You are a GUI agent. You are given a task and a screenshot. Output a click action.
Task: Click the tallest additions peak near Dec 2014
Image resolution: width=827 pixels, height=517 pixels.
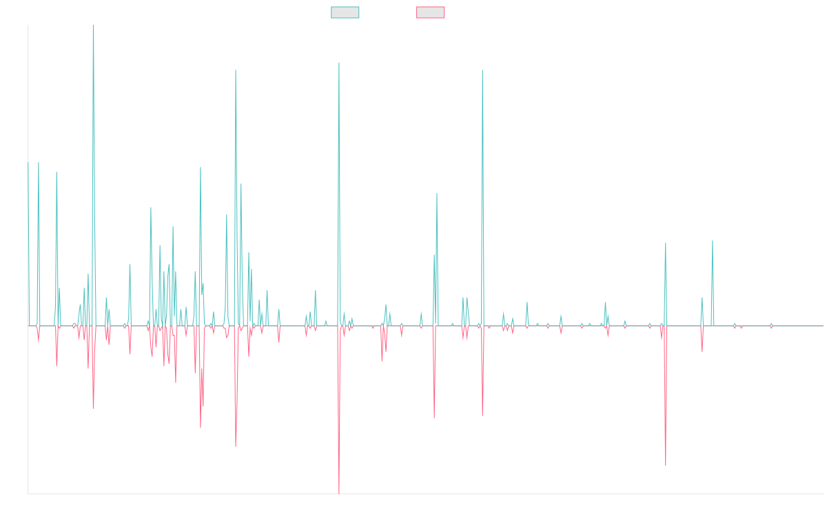[93, 26]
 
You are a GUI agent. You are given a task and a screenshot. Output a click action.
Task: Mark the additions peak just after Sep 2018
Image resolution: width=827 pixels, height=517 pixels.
[339, 64]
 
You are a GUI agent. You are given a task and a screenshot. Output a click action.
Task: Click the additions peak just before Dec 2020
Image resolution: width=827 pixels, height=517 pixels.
[482, 70]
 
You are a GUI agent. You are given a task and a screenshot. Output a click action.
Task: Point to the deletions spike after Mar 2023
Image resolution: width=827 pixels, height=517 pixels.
[666, 465]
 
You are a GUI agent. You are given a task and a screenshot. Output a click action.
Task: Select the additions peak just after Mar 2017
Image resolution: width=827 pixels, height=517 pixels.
[236, 70]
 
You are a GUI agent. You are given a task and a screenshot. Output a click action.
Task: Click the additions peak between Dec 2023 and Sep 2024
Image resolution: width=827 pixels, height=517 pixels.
[713, 241]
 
